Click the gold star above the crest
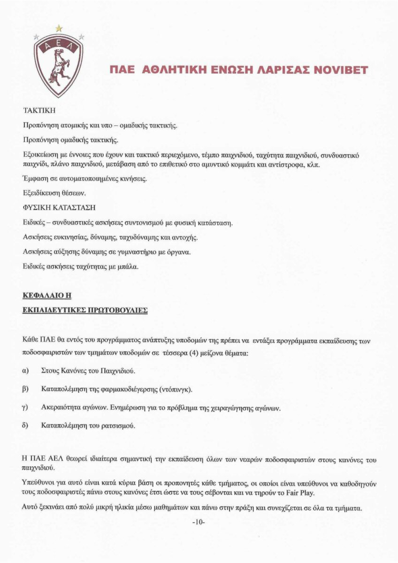click(x=59, y=28)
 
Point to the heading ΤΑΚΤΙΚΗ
click(x=39, y=111)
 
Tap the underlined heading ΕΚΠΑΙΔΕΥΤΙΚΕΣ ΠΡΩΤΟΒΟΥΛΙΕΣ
click(x=85, y=310)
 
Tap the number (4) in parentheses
click(x=194, y=353)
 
